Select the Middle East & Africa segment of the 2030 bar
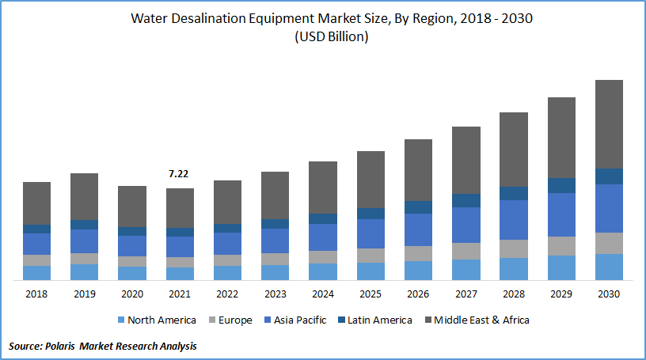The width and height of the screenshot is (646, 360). pyautogui.click(x=609, y=124)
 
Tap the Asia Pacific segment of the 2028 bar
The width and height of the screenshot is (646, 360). pyautogui.click(x=513, y=219)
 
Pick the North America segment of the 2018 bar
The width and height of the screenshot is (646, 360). pyautogui.click(x=36, y=272)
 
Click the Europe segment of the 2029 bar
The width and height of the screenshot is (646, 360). pyautogui.click(x=561, y=245)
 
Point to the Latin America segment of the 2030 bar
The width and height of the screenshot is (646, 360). pyautogui.click(x=609, y=176)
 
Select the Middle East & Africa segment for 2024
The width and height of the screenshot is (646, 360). pyautogui.click(x=323, y=188)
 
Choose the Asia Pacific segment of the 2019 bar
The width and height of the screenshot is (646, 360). pyautogui.click(x=84, y=241)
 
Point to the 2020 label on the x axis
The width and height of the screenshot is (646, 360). pyautogui.click(x=131, y=293)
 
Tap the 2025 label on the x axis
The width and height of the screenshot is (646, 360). pyautogui.click(x=370, y=293)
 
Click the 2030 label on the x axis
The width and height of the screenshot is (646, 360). pyautogui.click(x=609, y=293)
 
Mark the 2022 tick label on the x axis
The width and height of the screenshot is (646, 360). pyautogui.click(x=227, y=293)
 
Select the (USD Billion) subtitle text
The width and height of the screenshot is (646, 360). pyautogui.click(x=322, y=36)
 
